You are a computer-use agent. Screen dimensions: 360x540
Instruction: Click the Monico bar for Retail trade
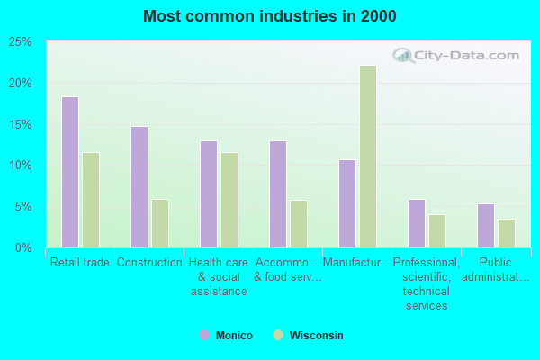[x=70, y=172]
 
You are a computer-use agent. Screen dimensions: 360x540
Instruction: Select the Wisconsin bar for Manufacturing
[x=368, y=157]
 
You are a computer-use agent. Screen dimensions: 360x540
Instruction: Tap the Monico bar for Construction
[x=139, y=187]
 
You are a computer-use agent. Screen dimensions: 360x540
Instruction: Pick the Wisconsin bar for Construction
[x=160, y=223]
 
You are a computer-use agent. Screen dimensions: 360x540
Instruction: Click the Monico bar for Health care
[x=209, y=194]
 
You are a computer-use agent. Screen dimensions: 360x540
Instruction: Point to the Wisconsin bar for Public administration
[x=507, y=233]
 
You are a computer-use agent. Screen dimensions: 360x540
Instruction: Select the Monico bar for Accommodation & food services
[x=278, y=194]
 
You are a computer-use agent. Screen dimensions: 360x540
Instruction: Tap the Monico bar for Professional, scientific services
[x=417, y=223]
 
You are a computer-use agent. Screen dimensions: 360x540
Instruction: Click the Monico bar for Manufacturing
[x=347, y=203]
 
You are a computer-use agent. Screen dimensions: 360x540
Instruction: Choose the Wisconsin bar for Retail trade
[x=91, y=200]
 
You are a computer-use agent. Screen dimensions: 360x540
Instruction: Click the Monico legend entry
[x=226, y=336]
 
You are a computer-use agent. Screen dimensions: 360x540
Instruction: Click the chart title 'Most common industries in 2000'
[x=269, y=16]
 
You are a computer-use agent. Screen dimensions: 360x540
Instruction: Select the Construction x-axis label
[x=149, y=263]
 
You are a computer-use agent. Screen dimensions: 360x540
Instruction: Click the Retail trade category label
[x=80, y=263]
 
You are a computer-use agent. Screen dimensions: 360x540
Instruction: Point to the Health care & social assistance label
[x=219, y=277]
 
